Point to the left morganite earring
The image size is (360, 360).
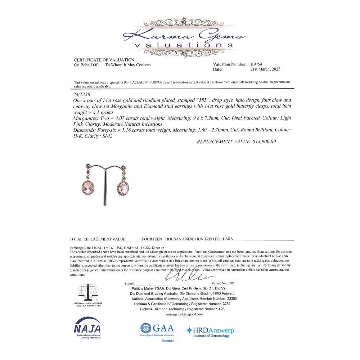(x=87, y=187)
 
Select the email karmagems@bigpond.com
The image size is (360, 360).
(x=184, y=314)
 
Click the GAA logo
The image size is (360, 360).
(x=157, y=329)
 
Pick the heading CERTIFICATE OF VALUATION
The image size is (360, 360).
(x=104, y=60)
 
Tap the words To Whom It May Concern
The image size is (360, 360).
(x=128, y=65)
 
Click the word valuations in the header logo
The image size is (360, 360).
(x=184, y=45)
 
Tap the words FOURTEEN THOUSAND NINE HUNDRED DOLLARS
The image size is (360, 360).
(x=187, y=239)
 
